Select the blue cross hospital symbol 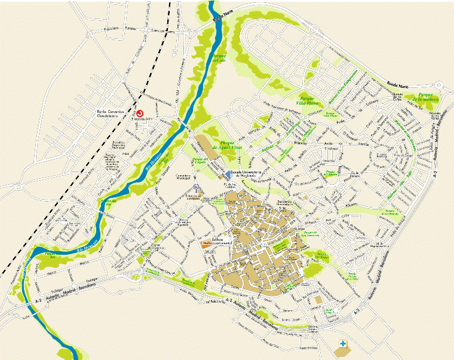[x=343, y=343]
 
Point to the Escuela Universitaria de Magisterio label [x=244, y=174]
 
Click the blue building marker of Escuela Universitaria [x=229, y=175]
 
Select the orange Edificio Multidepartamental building [x=204, y=245]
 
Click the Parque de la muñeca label [x=428, y=97]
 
